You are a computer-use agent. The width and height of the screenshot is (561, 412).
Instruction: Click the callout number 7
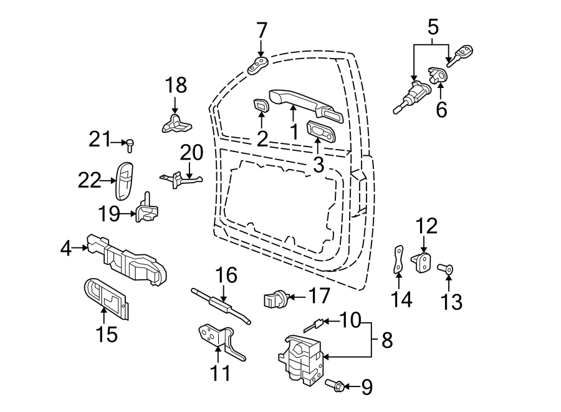point(261,29)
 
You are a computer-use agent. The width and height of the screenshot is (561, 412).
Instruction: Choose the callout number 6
point(441,110)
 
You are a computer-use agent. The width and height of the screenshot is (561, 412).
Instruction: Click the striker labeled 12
point(423,262)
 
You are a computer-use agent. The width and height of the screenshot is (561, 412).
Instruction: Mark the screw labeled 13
point(447,270)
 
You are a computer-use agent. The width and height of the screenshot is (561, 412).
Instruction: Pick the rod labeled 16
point(221,305)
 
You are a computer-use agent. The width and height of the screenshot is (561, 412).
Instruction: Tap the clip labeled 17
point(274,300)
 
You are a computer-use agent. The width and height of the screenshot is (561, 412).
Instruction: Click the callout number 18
point(175,85)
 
